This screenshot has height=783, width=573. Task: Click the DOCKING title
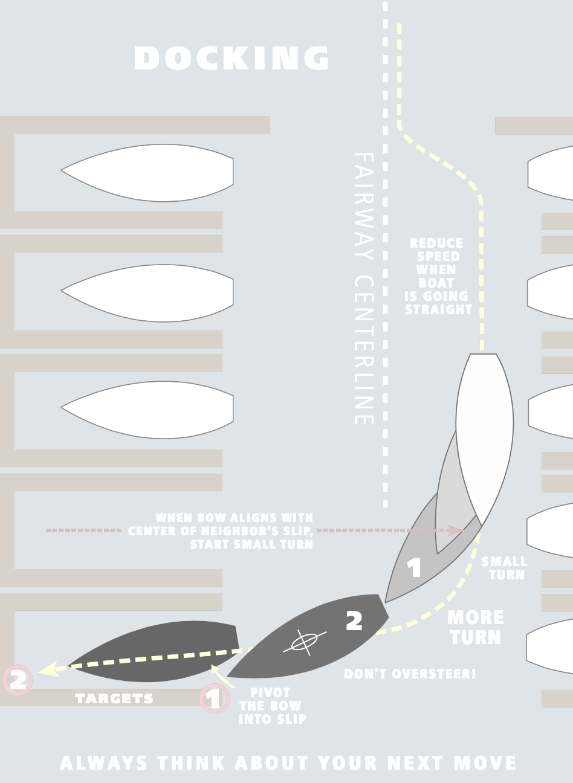coord(231,59)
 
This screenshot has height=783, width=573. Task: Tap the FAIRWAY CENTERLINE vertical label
coord(363,288)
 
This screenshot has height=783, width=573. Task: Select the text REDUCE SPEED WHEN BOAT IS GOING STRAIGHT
coord(438,276)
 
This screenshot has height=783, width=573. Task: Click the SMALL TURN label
coord(505,568)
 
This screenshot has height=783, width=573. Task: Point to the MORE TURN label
coord(476,627)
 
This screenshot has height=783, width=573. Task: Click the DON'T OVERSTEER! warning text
coord(410,674)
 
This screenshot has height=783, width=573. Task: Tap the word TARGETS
coord(114,699)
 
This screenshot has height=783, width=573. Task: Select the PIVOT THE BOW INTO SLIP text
coord(271,706)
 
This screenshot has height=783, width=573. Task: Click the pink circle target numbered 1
coord(215,699)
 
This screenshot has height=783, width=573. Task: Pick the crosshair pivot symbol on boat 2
coord(303,642)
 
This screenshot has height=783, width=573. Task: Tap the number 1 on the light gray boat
coord(414,568)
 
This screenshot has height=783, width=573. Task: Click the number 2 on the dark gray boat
coord(354,620)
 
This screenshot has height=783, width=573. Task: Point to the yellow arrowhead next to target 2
coord(47,669)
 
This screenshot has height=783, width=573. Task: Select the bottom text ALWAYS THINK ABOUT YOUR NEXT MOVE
coord(288,763)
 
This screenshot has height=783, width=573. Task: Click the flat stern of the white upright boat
coord(483,355)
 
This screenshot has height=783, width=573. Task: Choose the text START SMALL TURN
coord(251,544)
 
